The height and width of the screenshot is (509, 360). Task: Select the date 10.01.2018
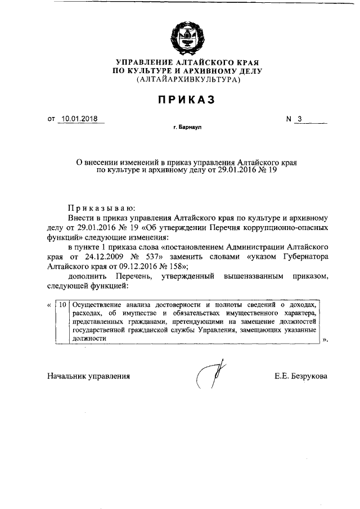80,119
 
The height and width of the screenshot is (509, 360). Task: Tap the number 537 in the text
152,254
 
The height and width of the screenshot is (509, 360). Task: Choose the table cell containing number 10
62,304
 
